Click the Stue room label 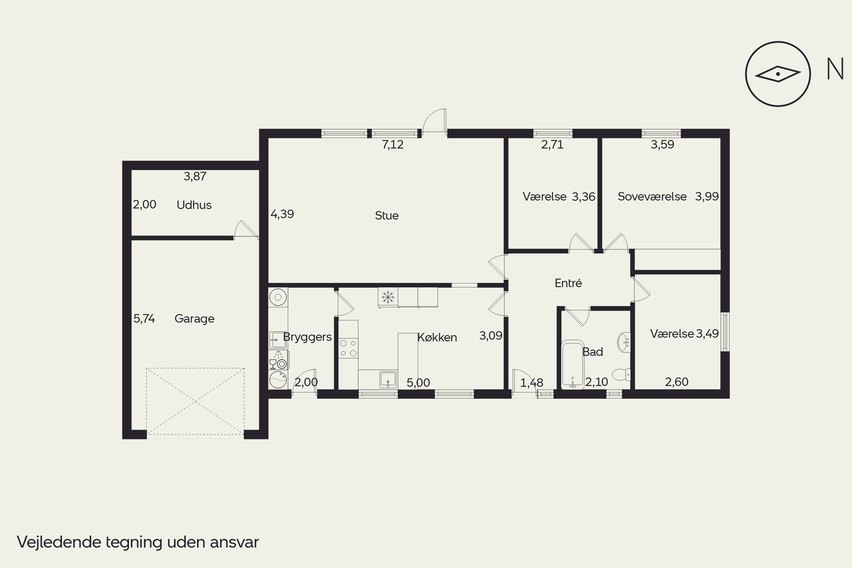pos(387,216)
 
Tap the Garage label pos(195,319)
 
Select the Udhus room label pos(194,205)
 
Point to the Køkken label pos(437,337)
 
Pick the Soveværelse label pos(652,196)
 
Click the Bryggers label pos(307,337)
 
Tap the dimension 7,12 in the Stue pos(393,145)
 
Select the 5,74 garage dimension pos(144,318)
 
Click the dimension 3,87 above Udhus pos(195,176)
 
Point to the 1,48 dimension pos(532,383)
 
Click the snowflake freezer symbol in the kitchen pos(388,297)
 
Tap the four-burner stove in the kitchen pos(348,348)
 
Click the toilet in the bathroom pos(621,375)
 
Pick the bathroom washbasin pos(624,342)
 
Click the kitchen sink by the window pos(388,379)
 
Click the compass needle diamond pos(778,74)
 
